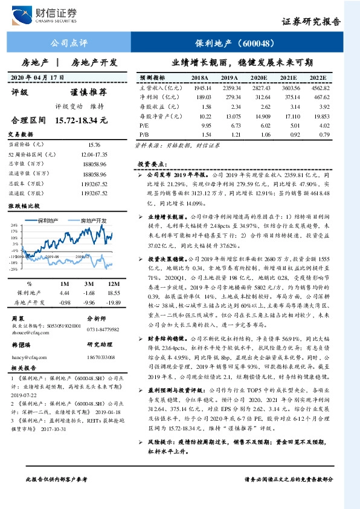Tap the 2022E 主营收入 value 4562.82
(320, 88)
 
